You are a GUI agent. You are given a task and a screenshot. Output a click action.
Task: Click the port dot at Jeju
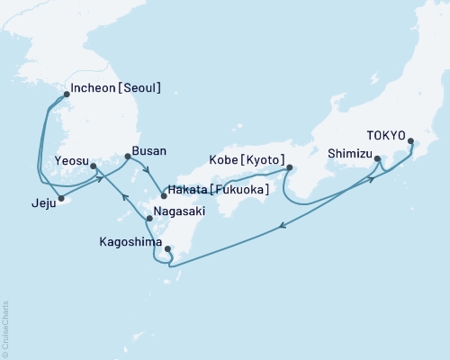pyautogui.click(x=60, y=197)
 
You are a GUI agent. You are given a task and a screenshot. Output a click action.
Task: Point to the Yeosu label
pyautogui.click(x=72, y=160)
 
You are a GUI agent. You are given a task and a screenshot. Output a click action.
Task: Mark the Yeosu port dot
pyautogui.click(x=94, y=166)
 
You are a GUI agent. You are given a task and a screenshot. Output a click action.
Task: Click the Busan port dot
pyautogui.click(x=127, y=157)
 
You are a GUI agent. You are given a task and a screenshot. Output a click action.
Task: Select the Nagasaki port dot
pyautogui.click(x=148, y=219)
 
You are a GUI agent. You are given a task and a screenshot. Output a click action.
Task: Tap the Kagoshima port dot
pyautogui.click(x=168, y=249)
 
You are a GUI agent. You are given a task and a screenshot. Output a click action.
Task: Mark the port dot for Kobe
pyautogui.click(x=289, y=166)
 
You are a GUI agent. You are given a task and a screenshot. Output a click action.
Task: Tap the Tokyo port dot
pyautogui.click(x=412, y=141)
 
